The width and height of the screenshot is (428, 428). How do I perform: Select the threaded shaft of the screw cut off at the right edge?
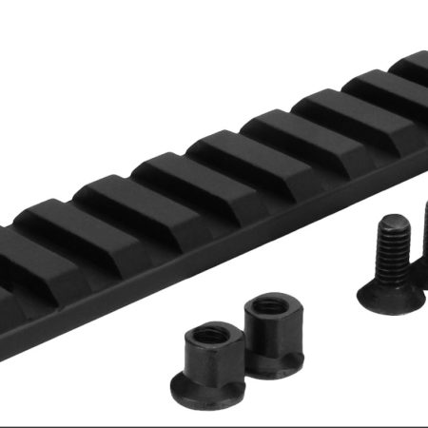point(423,228)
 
